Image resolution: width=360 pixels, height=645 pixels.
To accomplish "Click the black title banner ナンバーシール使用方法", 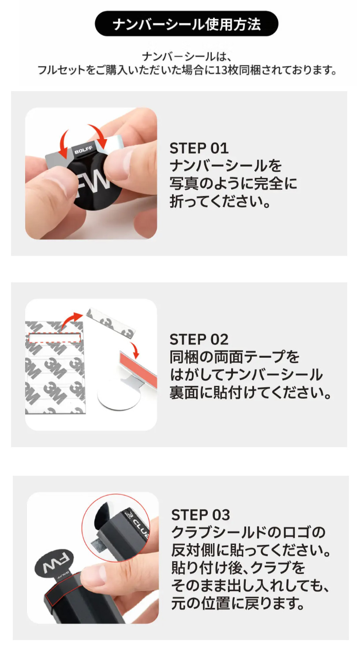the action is (187, 24).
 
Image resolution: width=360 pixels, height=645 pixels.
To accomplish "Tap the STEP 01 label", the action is (199, 148).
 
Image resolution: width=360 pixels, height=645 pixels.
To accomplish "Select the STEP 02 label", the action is (199, 340).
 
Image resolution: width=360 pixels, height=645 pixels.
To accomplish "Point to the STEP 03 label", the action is (201, 515).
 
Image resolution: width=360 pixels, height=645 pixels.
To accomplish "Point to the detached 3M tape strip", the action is (111, 322).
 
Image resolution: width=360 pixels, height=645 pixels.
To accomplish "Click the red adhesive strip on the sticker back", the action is (139, 370).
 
